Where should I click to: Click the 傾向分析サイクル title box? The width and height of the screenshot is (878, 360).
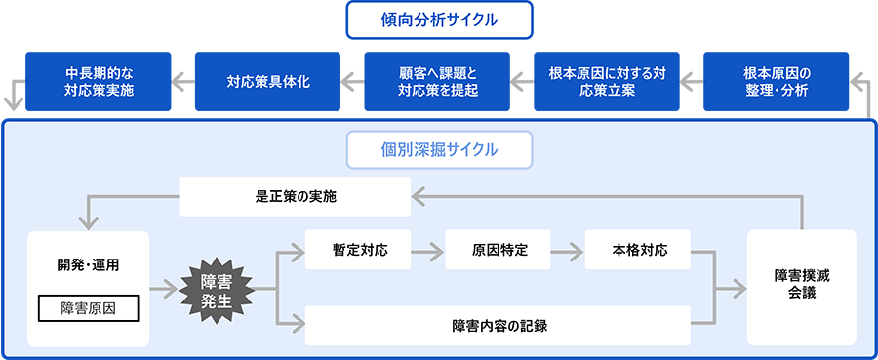point(439,19)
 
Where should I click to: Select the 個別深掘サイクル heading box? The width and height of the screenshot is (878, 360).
point(439,149)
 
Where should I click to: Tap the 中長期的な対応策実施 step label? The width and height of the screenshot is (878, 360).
point(100,83)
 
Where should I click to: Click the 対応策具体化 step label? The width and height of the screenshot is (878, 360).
point(261,83)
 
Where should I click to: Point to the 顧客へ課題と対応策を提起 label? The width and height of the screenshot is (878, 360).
point(439,83)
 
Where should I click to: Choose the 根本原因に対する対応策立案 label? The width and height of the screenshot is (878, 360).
point(607,83)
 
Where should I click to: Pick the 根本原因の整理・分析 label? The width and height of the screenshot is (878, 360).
point(777,83)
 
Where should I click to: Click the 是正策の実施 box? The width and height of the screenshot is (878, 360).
point(295,196)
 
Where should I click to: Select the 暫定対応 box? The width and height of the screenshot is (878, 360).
point(359,250)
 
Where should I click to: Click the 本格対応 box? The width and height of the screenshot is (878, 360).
point(639,250)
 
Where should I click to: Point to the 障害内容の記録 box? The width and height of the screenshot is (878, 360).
point(499,325)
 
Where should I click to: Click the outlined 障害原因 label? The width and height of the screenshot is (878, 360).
point(88,309)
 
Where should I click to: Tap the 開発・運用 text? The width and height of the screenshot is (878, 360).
point(88,264)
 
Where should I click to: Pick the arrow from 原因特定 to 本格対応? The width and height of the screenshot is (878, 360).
point(568,251)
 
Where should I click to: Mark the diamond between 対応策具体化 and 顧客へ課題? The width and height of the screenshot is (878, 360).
point(352,83)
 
